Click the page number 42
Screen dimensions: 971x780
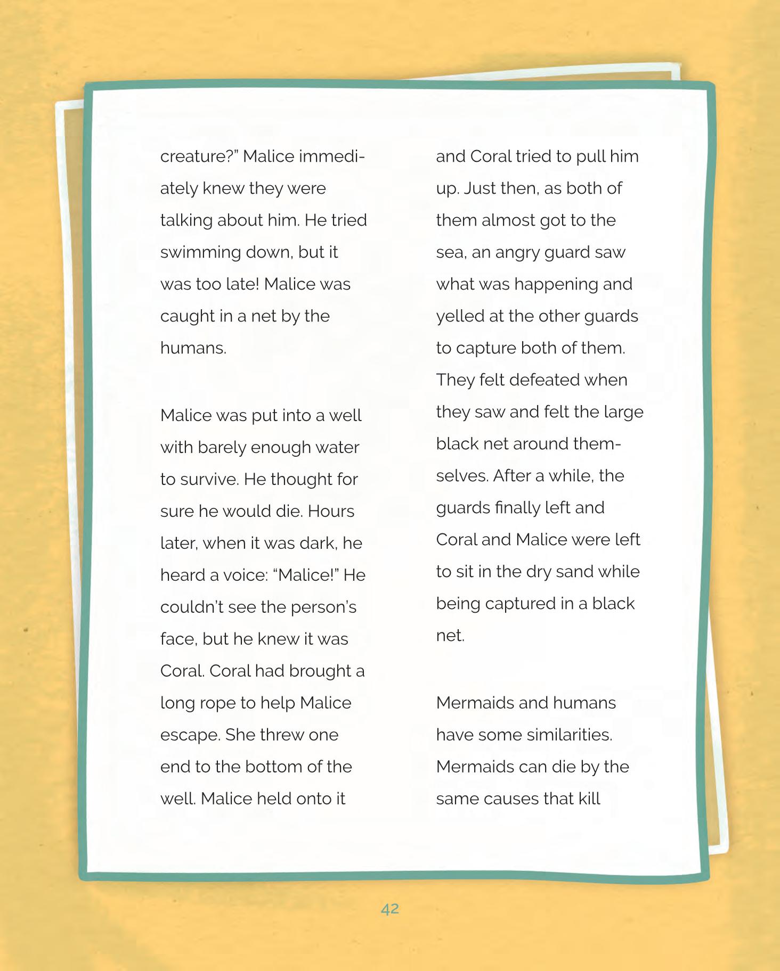point(390,909)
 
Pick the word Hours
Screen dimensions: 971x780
point(331,511)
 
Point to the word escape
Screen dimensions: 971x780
point(190,735)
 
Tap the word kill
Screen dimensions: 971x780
point(589,799)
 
